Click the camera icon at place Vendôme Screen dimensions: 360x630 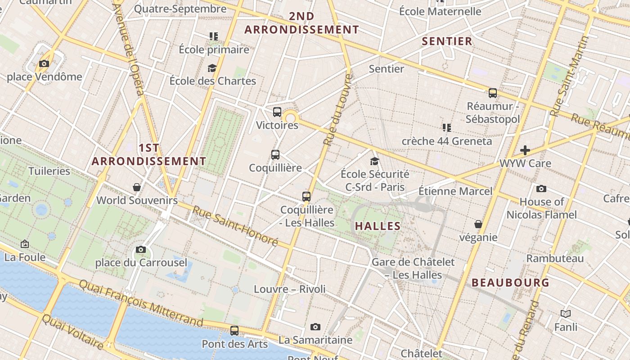44,63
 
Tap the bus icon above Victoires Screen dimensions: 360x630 277,112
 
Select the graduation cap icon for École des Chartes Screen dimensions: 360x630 212,68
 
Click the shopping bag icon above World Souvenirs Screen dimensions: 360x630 137,187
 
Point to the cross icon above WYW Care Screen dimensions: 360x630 525,150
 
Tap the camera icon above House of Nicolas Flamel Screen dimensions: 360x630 541,189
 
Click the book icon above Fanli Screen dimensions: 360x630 566,314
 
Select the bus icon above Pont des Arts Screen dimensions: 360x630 234,331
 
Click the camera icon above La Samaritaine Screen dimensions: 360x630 315,327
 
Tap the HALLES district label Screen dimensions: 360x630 378,226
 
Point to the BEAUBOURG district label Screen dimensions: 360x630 510,283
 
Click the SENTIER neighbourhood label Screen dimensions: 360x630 447,41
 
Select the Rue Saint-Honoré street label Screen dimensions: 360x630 235,226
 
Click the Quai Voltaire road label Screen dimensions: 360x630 72,332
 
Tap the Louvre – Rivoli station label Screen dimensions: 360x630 290,289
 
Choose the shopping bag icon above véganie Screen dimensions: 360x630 478,224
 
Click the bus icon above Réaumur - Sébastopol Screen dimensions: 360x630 493,93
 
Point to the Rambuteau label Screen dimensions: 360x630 555,258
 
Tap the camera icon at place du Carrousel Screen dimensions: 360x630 141,249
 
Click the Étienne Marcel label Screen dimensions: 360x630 455,191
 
